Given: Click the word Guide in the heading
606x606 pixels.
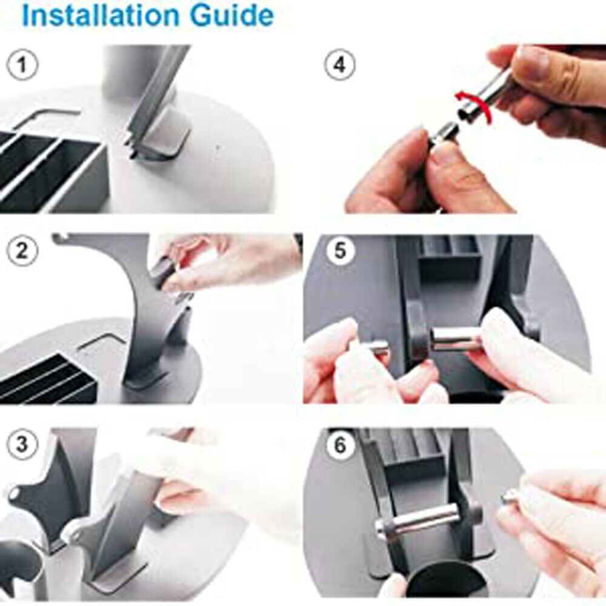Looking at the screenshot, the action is pyautogui.click(x=233, y=16).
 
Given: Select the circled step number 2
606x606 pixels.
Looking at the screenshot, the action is pyautogui.click(x=22, y=251).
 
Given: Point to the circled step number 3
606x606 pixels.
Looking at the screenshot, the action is pyautogui.click(x=22, y=444).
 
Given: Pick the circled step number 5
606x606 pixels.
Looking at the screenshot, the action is pyautogui.click(x=339, y=251).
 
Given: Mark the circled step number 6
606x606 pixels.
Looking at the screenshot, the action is pyautogui.click(x=339, y=445).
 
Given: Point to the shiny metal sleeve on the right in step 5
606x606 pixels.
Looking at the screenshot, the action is pyautogui.click(x=454, y=339).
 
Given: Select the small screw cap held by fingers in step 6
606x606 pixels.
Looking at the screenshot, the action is pyautogui.click(x=511, y=499).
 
